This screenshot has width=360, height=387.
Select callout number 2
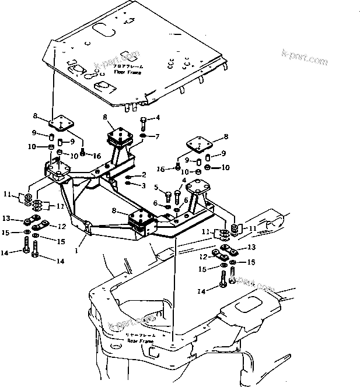pos(143,175)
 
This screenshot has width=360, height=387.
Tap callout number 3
pos(143,185)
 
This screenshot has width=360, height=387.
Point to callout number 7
pos(156,136)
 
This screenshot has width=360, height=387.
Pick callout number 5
pos(157,187)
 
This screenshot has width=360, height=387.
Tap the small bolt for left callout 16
pos(83,153)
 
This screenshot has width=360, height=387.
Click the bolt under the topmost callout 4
pos(143,124)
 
